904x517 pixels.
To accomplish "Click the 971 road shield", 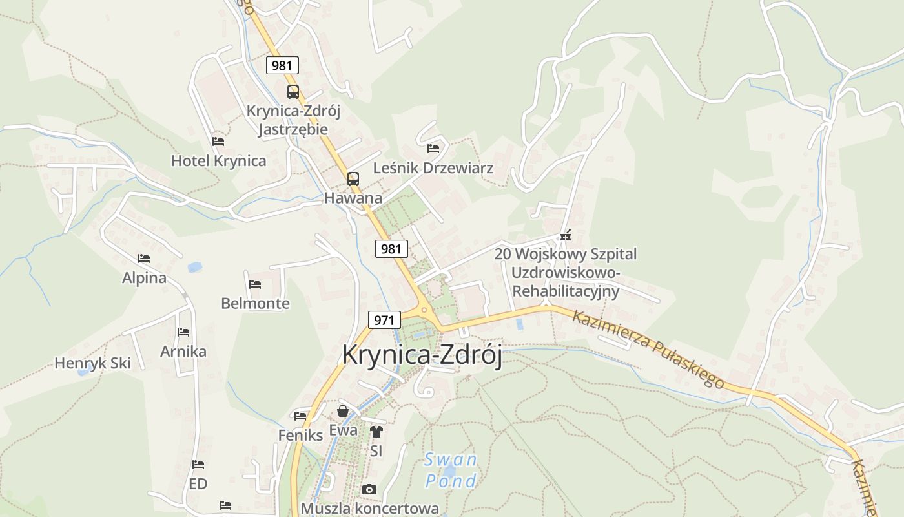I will [384, 319].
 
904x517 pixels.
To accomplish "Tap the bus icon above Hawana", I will [353, 179].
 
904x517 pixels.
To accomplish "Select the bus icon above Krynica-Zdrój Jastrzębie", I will [293, 92].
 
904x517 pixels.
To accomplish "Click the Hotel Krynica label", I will [218, 161].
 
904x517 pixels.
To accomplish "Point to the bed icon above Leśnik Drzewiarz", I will [433, 149].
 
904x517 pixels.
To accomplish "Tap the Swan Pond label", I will [451, 470].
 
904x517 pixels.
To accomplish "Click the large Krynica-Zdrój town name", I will [422, 355].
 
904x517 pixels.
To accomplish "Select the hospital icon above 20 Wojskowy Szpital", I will [566, 236].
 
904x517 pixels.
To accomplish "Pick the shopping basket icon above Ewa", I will [343, 411].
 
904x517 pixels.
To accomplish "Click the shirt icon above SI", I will [376, 432].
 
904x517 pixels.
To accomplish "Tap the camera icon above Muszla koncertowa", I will [369, 489].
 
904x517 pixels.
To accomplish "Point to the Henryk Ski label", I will [92, 363].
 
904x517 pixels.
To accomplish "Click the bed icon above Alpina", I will [144, 258].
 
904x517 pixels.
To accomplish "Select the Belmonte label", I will [255, 303].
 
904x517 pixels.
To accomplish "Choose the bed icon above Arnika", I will [183, 332].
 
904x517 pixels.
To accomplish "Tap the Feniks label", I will [300, 435].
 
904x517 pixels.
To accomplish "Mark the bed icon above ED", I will [198, 465].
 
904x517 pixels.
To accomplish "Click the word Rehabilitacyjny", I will [566, 291].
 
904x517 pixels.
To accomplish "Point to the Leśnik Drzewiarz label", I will [433, 168].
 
